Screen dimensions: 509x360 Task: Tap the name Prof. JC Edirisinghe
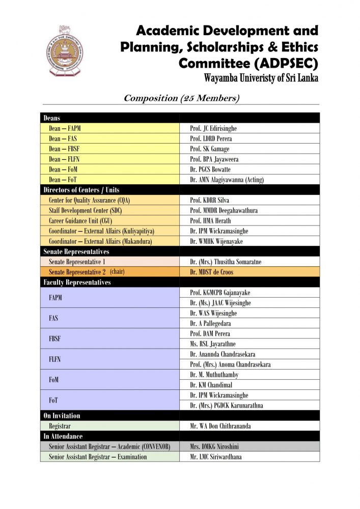point(213,129)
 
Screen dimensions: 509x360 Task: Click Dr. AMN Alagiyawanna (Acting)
point(227,180)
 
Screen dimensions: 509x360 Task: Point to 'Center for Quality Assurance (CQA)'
point(89,201)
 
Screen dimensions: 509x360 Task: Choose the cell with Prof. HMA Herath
point(210,221)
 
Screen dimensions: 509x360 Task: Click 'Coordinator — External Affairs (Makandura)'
point(100,241)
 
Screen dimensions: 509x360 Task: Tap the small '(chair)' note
point(117,272)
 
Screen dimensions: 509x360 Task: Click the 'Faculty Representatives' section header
point(77,282)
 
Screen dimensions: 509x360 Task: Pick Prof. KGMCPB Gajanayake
point(220,293)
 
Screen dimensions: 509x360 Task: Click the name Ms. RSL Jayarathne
point(213,344)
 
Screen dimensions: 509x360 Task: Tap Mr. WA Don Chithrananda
point(220,426)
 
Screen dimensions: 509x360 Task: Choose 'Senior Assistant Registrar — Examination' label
point(98,457)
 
